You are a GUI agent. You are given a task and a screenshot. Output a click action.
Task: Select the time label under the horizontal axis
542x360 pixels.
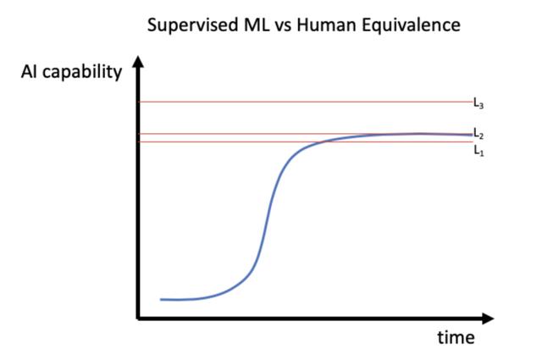tap(456, 337)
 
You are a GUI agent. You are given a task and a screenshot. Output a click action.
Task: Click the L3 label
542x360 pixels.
tap(478, 103)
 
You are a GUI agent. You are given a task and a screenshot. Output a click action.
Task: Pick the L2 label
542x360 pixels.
tap(478, 134)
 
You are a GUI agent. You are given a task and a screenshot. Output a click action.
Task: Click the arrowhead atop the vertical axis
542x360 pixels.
tap(138, 64)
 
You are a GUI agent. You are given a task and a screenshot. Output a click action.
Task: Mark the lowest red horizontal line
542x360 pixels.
tap(212, 141)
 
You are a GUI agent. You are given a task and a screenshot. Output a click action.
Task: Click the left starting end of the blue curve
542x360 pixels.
tap(161, 299)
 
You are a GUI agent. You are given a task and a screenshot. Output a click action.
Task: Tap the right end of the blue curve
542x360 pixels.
tap(471, 135)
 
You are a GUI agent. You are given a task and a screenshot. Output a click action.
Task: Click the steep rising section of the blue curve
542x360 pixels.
tap(267, 220)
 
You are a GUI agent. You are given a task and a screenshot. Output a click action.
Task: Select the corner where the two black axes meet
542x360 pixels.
tap(138, 318)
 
